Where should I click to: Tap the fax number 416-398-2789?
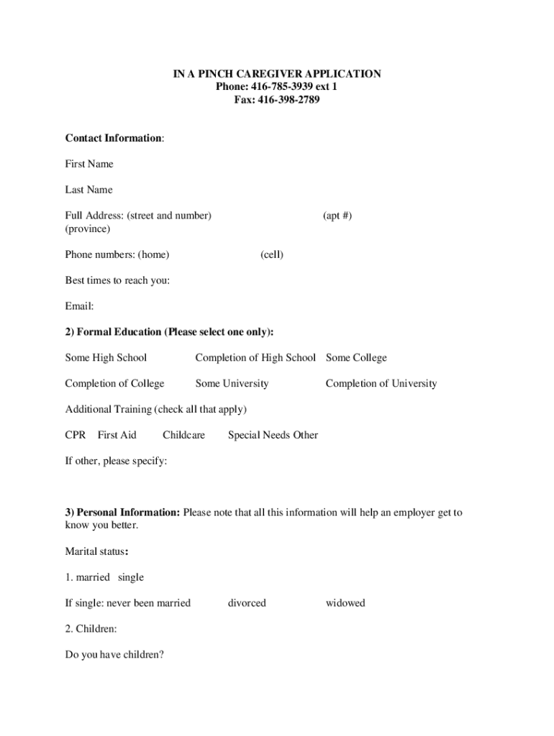[289, 100]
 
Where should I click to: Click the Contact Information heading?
[114, 138]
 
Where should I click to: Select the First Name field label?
[89, 164]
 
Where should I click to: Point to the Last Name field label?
[88, 190]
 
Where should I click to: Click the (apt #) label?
[337, 216]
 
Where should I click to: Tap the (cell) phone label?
[272, 254]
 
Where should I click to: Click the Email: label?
[79, 306]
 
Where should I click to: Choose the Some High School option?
[106, 358]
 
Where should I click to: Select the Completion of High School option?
[255, 358]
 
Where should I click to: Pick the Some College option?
[356, 358]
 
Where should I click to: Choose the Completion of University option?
[381, 384]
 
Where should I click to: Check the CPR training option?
[76, 435]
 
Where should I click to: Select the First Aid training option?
[117, 435]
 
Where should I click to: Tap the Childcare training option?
[183, 435]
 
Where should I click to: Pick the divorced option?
[247, 603]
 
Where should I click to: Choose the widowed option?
[345, 603]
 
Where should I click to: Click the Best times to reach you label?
[117, 280]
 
